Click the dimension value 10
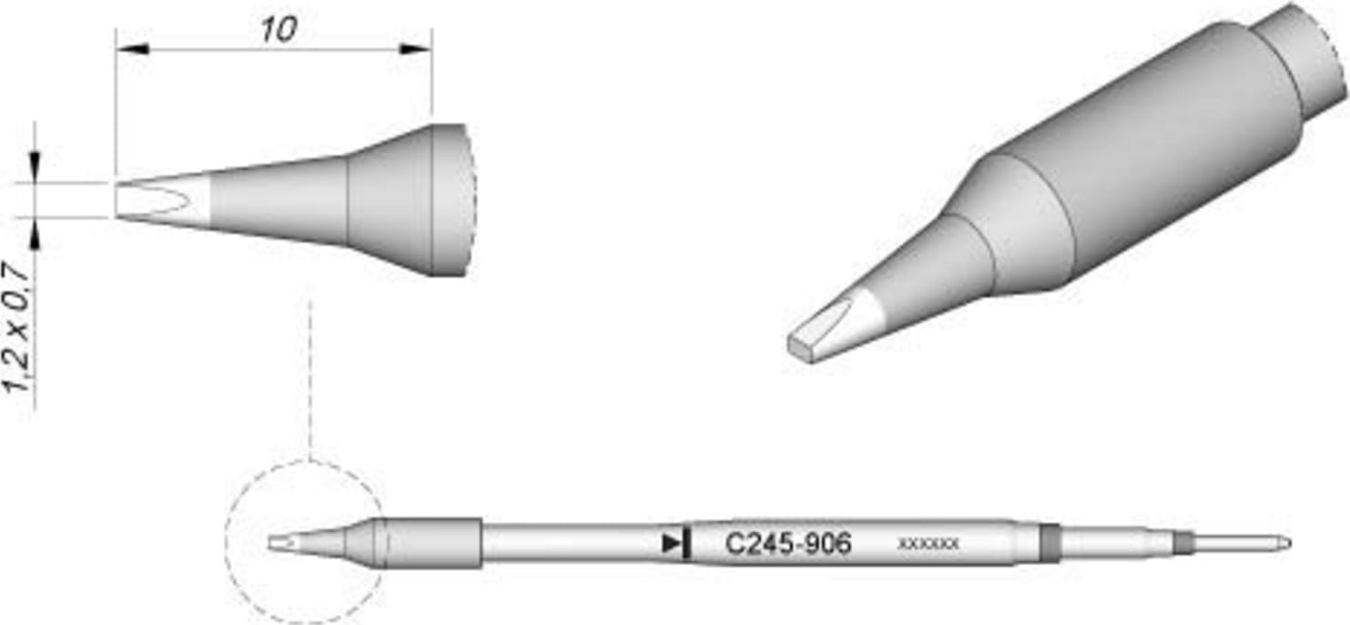point(279,30)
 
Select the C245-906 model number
point(788,544)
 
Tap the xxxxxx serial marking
point(928,544)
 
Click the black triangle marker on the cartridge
point(673,544)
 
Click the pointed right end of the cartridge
point(1284,544)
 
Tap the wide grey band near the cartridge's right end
point(1051,543)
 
